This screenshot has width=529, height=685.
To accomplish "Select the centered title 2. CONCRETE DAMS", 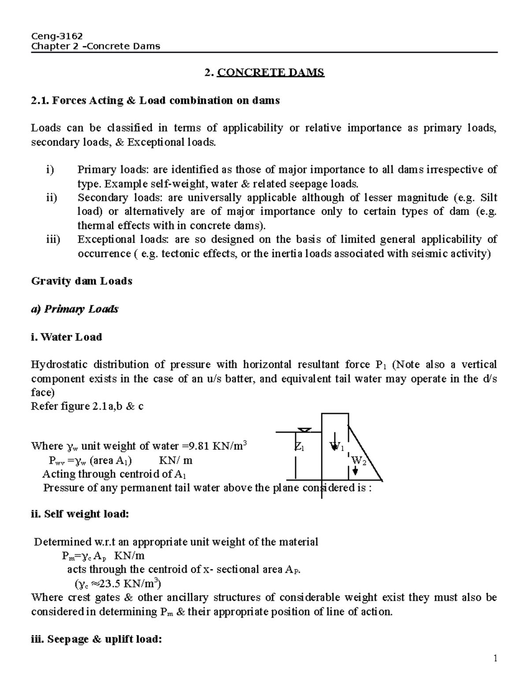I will (x=264, y=73).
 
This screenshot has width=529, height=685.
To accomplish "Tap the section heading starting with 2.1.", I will (x=155, y=101).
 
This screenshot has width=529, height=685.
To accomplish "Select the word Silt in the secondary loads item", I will (x=488, y=198).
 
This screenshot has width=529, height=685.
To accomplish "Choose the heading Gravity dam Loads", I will (x=82, y=281).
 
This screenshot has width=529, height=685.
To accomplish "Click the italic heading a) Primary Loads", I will (x=75, y=309).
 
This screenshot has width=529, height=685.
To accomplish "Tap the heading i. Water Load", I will (x=67, y=337).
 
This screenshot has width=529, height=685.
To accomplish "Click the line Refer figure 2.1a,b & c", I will (x=87, y=406).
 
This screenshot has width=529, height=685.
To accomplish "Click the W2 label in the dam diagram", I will (x=358, y=461).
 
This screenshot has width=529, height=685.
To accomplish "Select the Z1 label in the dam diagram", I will (x=299, y=447).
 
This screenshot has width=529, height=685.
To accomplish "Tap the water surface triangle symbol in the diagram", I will (x=305, y=430).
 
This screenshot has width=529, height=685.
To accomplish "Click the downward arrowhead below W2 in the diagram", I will (x=355, y=471).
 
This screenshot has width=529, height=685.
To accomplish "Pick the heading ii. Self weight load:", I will (x=80, y=514).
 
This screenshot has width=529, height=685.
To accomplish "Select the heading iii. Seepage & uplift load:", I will (x=97, y=639).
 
